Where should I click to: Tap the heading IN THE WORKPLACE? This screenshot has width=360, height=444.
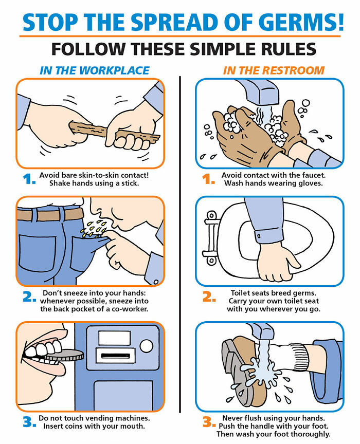[x=95, y=70]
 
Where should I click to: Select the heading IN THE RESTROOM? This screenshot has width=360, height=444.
[x=274, y=70]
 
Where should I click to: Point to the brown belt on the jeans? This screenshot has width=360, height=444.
[x=50, y=214]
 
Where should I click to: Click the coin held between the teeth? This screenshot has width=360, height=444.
[x=65, y=355]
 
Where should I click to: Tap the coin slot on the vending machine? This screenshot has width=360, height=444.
[x=115, y=356]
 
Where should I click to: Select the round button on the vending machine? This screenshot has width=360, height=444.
[x=146, y=346]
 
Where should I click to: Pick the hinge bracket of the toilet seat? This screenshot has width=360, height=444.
[x=210, y=237]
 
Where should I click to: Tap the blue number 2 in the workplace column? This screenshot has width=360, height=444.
[x=29, y=297]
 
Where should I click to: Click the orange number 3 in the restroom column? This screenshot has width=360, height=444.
[x=209, y=421]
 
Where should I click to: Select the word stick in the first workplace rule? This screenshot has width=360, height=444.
[x=130, y=183]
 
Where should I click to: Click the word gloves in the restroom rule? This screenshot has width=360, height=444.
[x=311, y=183]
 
